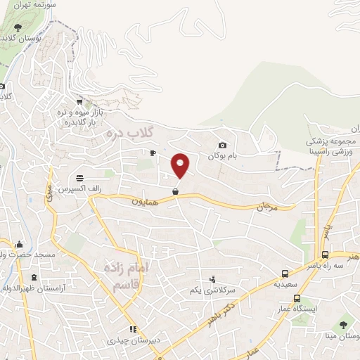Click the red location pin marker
181,165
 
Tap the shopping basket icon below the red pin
175,191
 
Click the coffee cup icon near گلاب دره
153,152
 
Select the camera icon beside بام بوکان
222,145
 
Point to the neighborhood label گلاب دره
130,132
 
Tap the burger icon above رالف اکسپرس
80,177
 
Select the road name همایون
146,201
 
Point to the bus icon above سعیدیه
285,274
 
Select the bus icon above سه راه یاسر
325,255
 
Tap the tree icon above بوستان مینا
343,325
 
